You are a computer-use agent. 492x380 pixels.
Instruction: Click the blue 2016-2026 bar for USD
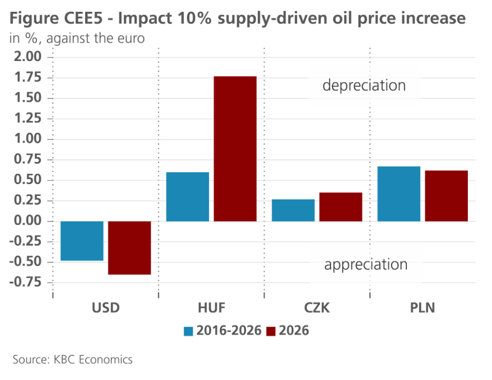(x=83, y=241)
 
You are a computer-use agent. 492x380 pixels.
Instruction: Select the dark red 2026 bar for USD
(x=130, y=248)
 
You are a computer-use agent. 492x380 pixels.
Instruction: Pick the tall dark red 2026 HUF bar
(x=235, y=149)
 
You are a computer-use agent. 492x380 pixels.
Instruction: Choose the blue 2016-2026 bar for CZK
(x=293, y=210)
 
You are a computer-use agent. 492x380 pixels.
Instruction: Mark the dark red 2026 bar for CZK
(x=341, y=207)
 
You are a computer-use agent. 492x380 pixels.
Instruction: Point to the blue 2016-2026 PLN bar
(x=399, y=193)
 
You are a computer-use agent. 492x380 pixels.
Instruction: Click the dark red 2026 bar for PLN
(x=446, y=195)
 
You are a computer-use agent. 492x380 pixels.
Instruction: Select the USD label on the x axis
(x=106, y=308)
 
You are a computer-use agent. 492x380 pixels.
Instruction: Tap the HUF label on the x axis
(x=211, y=308)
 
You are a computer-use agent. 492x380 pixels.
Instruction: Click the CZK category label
(x=317, y=308)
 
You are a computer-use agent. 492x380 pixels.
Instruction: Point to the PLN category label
(x=422, y=308)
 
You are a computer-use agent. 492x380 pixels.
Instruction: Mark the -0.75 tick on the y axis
(x=25, y=283)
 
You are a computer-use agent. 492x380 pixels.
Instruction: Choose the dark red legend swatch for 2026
(x=271, y=331)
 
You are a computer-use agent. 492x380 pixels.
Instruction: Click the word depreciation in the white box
(x=364, y=85)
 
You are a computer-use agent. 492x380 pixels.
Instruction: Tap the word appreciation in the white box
(x=366, y=265)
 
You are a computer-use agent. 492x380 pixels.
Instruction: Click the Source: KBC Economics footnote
(x=73, y=359)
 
